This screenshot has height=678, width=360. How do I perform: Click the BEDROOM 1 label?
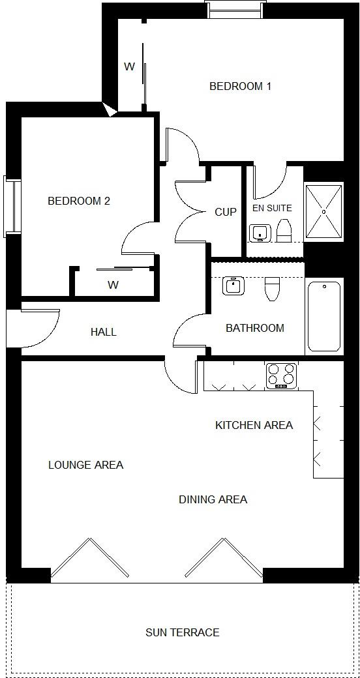click(x=240, y=86)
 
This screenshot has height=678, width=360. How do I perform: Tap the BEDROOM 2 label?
click(x=79, y=201)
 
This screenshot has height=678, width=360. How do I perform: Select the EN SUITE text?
click(x=272, y=208)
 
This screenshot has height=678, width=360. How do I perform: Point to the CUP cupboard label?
click(x=226, y=212)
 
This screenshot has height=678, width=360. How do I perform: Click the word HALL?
click(x=104, y=332)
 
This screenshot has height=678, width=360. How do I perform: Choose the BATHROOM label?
click(x=255, y=328)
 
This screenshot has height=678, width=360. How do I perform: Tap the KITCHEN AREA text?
click(x=254, y=425)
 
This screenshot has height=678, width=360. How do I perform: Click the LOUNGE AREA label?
click(x=85, y=465)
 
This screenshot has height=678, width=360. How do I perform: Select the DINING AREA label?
click(x=213, y=499)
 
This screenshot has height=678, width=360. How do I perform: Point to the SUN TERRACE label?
click(x=182, y=632)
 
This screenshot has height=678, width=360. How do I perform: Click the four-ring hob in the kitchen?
click(x=281, y=376)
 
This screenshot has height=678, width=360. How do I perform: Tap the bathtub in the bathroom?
click(x=324, y=316)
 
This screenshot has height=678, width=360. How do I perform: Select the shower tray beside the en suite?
click(x=324, y=212)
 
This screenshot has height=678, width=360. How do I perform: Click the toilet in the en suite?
click(x=284, y=231)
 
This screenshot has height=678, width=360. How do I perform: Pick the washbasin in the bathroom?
click(x=233, y=286)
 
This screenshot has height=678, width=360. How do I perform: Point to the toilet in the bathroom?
click(x=272, y=289)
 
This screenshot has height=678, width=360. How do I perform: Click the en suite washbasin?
click(x=260, y=233)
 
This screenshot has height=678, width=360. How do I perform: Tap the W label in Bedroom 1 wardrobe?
click(x=130, y=66)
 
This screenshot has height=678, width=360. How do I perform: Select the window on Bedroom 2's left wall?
click(x=11, y=205)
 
